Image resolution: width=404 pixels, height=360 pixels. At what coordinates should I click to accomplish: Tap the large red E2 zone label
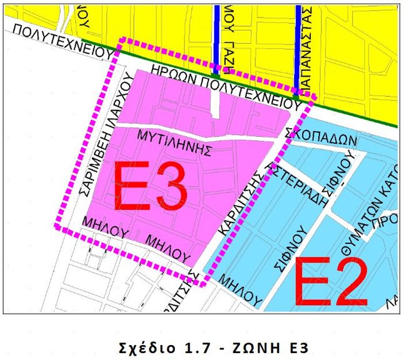[329, 280]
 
